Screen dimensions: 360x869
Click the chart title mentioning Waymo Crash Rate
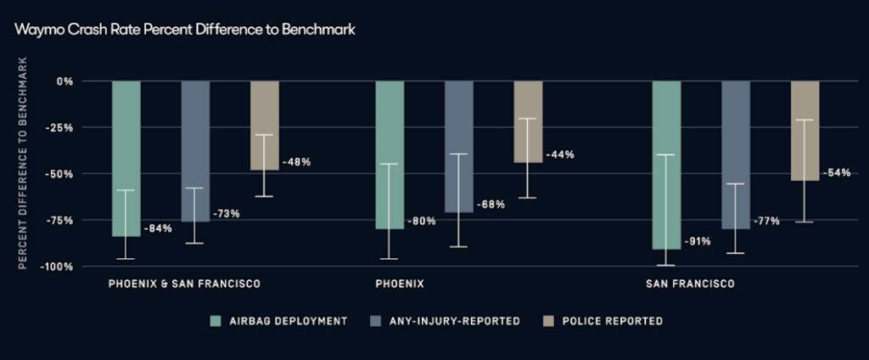pyautogui.click(x=184, y=30)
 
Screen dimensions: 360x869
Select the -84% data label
pyautogui.click(x=159, y=229)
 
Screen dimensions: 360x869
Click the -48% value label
pyautogui.click(x=297, y=161)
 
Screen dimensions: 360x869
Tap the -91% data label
pyautogui.click(x=697, y=241)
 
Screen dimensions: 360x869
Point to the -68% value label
pyautogui.click(x=491, y=205)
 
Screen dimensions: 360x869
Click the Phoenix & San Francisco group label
pyautogui.click(x=184, y=283)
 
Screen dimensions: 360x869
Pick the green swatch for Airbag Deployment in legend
pyautogui.click(x=216, y=321)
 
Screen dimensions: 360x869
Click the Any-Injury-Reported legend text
pyautogui.click(x=453, y=321)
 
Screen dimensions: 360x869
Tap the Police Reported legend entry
pyautogui.click(x=611, y=321)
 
